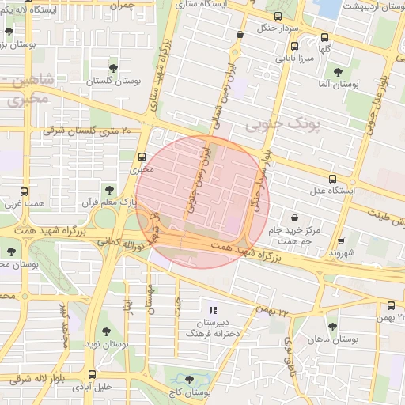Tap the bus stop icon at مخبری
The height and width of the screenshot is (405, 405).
click(x=142, y=157)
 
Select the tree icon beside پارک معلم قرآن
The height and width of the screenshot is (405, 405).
click(x=109, y=189)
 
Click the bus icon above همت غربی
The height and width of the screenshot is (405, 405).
click(x=25, y=191)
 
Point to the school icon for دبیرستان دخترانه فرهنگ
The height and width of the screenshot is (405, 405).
click(x=212, y=309)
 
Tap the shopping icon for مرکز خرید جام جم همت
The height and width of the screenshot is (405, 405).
click(x=295, y=216)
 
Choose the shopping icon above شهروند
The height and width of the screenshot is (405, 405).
click(x=341, y=241)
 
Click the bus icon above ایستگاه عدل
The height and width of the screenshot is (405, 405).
click(x=333, y=178)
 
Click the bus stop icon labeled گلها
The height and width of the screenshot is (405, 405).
click(x=324, y=37)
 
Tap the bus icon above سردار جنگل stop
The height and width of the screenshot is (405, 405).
click(x=277, y=15)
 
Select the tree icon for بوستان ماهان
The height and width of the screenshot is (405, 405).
click(x=332, y=325)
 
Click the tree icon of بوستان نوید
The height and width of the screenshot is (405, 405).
click(x=106, y=332)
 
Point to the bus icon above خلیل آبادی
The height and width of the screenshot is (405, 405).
click(x=93, y=374)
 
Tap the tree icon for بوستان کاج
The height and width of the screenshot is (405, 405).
click(x=188, y=380)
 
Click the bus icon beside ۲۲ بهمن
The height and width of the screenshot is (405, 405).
click(x=391, y=305)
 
